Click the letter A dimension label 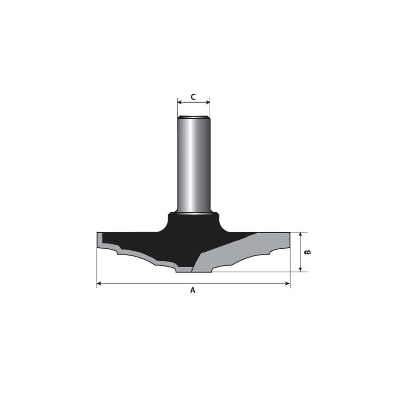pos(193,290)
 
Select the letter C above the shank pos(193,96)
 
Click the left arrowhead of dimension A pos(99,282)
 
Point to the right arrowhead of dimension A pos(288,282)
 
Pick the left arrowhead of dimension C pos(179,103)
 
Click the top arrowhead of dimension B pos(300,235)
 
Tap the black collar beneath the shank pos(193,223)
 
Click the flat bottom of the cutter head pos(193,270)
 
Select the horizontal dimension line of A pos(152,282)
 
